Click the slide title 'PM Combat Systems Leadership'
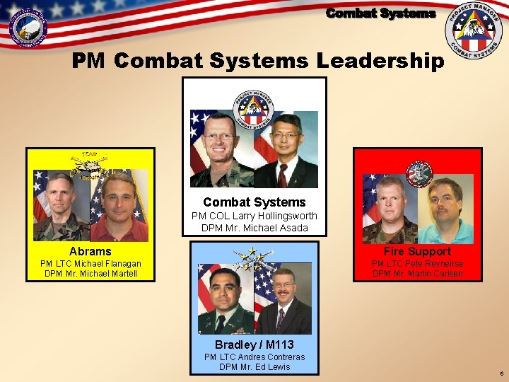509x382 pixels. pyautogui.click(x=258, y=61)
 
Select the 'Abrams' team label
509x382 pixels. pyautogui.click(x=90, y=251)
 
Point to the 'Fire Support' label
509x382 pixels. pyautogui.click(x=417, y=251)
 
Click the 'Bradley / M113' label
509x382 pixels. pyautogui.click(x=255, y=345)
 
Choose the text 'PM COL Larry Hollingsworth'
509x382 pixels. pyautogui.click(x=255, y=215)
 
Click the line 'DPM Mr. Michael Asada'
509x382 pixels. pyautogui.click(x=255, y=227)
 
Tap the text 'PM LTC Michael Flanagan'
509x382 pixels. pyautogui.click(x=90, y=264)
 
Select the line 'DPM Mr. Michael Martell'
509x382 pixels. pyautogui.click(x=90, y=274)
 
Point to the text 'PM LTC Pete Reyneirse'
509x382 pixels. pyautogui.click(x=417, y=264)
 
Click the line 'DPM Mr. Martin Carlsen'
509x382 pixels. pyautogui.click(x=417, y=274)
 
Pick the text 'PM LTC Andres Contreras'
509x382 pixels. pyautogui.click(x=255, y=357)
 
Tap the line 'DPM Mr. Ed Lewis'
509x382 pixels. pyautogui.click(x=255, y=366)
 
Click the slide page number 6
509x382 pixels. pyautogui.click(x=501, y=373)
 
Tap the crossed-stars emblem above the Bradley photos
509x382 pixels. pyautogui.click(x=254, y=257)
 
